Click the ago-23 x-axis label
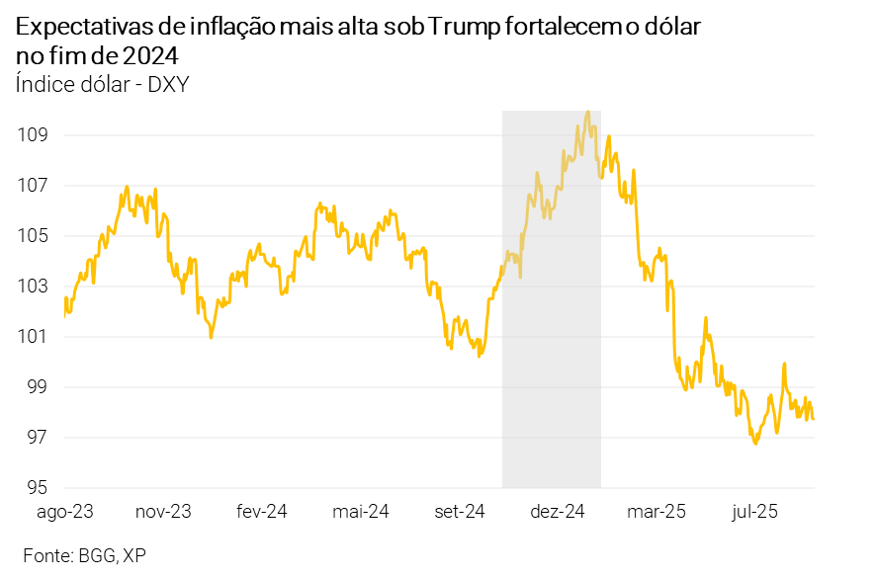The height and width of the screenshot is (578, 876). (64, 512)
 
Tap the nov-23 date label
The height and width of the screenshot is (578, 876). (163, 512)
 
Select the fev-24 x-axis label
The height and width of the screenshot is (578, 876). (261, 512)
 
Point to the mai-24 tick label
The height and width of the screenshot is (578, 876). (361, 512)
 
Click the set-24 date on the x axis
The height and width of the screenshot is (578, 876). (460, 512)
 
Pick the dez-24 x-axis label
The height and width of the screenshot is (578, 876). (559, 512)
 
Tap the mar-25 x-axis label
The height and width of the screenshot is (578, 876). (657, 512)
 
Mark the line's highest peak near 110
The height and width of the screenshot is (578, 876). (588, 112)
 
